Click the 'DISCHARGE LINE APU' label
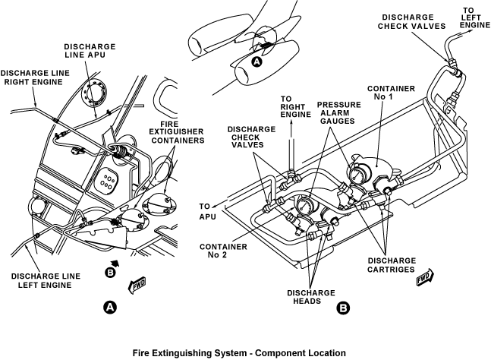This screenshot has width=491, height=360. [90, 51]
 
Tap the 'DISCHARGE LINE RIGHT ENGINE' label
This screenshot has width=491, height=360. [35, 77]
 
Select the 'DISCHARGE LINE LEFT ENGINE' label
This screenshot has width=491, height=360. [46, 280]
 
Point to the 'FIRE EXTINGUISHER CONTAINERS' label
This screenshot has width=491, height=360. [178, 132]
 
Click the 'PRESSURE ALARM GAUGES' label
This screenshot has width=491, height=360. [338, 113]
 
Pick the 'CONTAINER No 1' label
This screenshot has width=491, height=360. [391, 93]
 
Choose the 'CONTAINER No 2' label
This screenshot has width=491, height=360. [223, 251]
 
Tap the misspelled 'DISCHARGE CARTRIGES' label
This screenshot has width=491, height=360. [392, 265]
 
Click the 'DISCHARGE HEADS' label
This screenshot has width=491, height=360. [311, 297]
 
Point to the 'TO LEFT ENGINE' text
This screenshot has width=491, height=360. [475, 17]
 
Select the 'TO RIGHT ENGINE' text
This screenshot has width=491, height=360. [296, 107]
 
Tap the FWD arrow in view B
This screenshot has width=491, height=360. [425, 277]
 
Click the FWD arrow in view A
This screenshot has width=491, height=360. [137, 285]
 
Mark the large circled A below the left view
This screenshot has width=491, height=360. [110, 308]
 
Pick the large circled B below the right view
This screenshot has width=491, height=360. [343, 308]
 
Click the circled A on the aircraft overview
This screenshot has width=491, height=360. [257, 62]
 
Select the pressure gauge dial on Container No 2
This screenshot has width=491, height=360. [303, 205]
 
